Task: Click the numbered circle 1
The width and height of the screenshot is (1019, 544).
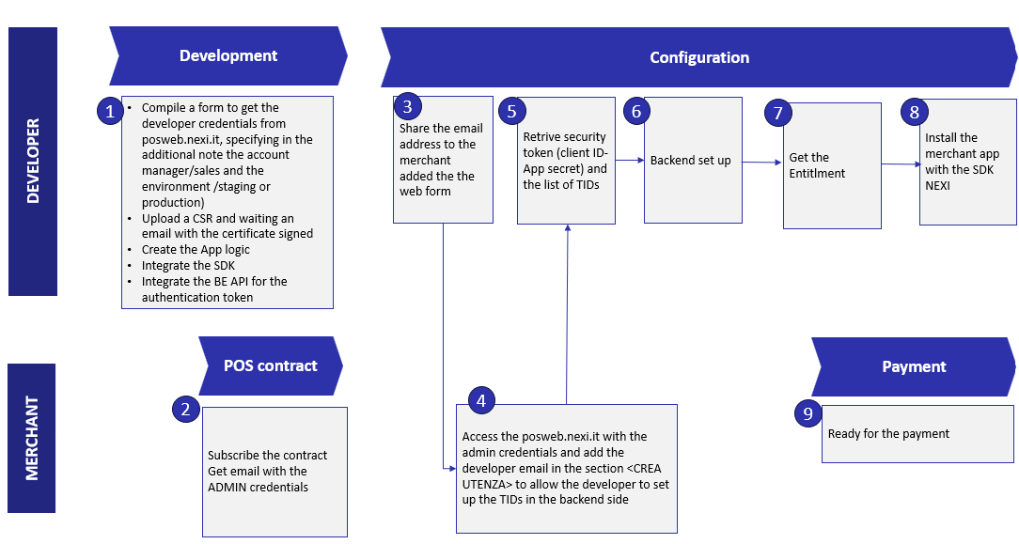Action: click(110, 111)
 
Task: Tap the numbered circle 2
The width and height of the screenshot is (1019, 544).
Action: click(185, 409)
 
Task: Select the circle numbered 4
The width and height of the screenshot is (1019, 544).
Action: click(481, 400)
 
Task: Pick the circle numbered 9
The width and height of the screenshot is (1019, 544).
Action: click(807, 412)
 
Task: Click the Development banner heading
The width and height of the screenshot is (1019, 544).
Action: click(228, 56)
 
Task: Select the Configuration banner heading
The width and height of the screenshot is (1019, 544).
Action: click(699, 58)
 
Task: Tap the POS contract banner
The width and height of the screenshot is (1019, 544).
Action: click(270, 365)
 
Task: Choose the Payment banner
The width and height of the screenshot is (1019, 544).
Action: click(913, 366)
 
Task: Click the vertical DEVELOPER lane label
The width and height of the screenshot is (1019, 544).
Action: click(33, 161)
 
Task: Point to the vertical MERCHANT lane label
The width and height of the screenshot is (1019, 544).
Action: click(33, 438)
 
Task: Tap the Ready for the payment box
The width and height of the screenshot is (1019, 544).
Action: click(917, 434)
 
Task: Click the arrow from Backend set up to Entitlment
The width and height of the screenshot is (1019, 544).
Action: click(761, 163)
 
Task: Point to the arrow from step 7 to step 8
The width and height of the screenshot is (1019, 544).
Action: click(901, 164)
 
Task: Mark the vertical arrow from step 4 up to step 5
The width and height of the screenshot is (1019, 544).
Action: click(567, 310)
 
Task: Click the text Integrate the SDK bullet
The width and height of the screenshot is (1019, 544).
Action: click(188, 266)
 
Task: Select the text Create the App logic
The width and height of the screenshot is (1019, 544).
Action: click(196, 250)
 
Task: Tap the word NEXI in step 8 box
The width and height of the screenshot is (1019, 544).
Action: click(939, 185)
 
